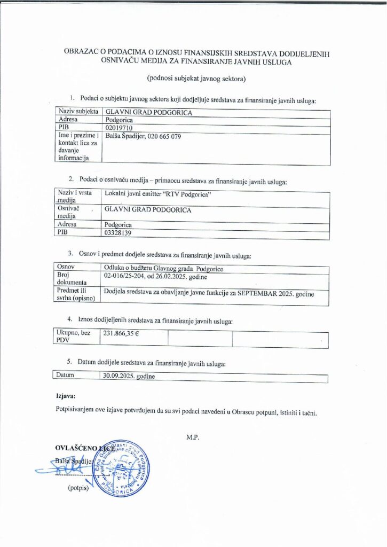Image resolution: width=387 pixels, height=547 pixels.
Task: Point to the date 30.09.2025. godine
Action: [x=129, y=377]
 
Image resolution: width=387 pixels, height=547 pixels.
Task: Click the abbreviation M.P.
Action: [x=193, y=437]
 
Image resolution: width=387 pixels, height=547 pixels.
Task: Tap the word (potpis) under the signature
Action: [x=78, y=488]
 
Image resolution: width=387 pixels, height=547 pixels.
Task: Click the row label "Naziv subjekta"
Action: [x=78, y=112]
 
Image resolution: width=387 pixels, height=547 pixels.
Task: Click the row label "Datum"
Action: [x=67, y=376]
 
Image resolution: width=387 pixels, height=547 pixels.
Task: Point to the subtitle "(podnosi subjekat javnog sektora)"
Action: [x=195, y=79]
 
